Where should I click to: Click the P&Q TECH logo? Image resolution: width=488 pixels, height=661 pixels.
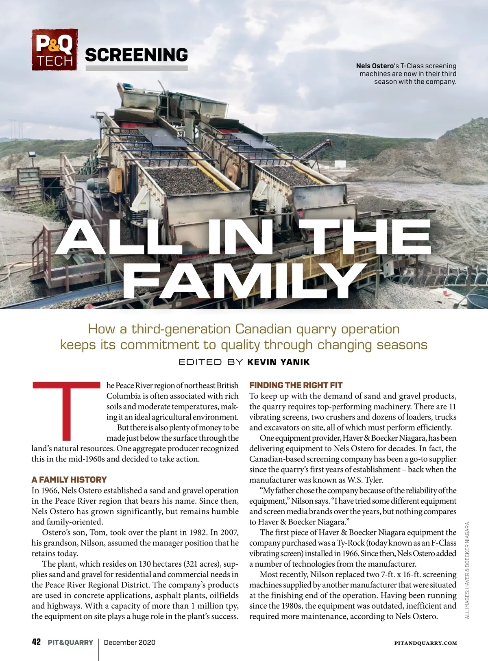[x=54, y=50]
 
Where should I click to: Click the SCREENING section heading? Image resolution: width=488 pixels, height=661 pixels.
[x=136, y=55]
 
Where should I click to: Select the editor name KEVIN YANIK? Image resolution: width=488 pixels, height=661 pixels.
[x=279, y=362]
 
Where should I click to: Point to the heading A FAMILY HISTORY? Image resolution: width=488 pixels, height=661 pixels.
[x=69, y=480]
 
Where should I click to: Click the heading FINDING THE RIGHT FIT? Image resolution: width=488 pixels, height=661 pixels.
[x=296, y=385]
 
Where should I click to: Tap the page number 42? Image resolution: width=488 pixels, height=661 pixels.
[x=36, y=642]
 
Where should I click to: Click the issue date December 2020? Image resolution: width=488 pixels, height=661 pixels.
[x=130, y=642]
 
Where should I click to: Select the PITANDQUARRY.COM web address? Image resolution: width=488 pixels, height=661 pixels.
[x=425, y=643]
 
